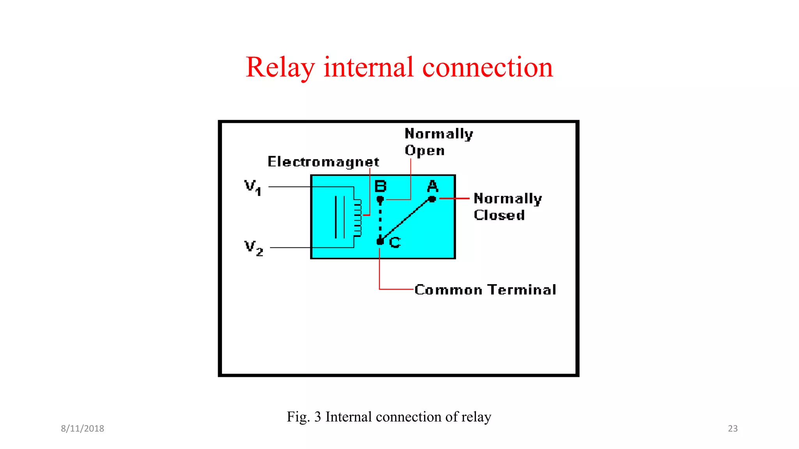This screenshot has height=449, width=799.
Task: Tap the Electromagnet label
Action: coord(323,162)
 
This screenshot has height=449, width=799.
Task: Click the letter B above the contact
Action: coord(380,186)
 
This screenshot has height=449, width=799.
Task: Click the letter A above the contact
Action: coord(433,186)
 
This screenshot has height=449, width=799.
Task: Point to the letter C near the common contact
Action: coord(395,242)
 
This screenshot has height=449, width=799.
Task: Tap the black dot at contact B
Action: coord(380,200)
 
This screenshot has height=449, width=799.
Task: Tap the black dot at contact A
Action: coord(432,199)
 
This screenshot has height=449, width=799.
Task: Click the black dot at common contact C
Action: coord(380,242)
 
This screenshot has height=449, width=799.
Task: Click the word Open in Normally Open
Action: coord(424,150)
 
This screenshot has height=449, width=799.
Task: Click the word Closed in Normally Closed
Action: coord(499,215)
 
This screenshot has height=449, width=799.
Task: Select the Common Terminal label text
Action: coord(485,290)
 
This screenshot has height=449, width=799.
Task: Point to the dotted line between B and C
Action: coord(380,220)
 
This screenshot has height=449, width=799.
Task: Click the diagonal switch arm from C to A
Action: coord(406,221)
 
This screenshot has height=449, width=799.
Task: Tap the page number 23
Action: coord(733,428)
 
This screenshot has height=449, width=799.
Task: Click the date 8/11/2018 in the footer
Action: coord(82,428)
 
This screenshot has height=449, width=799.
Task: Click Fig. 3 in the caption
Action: coord(304,417)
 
